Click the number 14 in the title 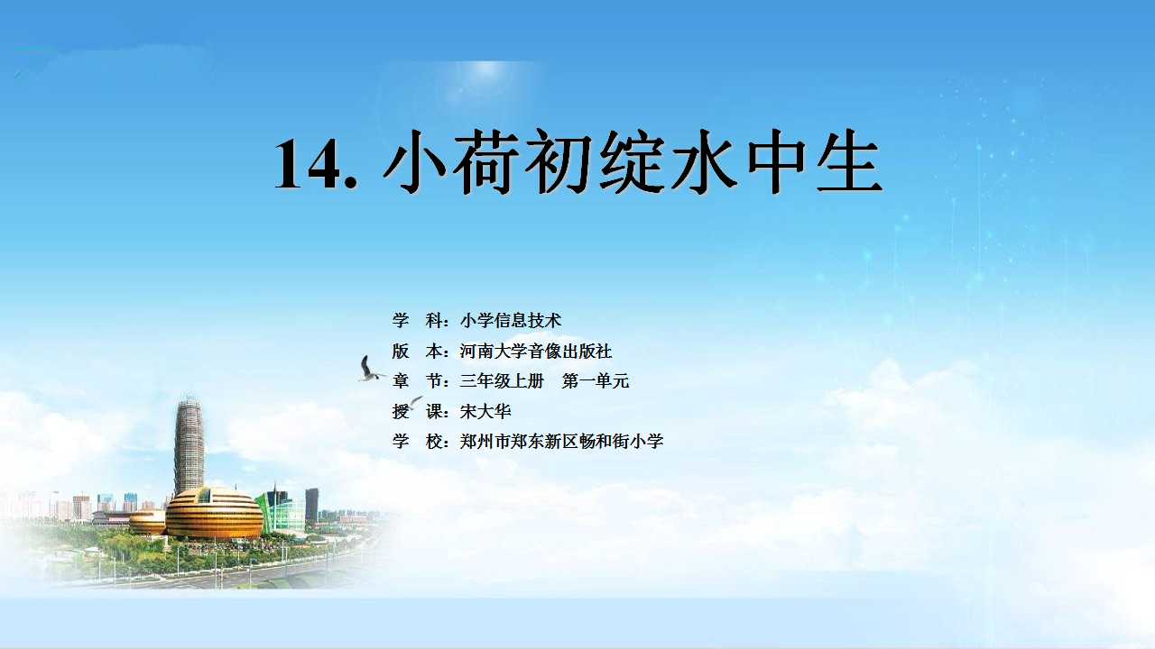click(x=308, y=164)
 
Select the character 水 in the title click(x=703, y=161)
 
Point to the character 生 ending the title click(x=849, y=161)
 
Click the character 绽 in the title click(x=631, y=161)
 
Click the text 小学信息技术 click(x=511, y=321)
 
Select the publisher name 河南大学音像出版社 click(x=536, y=352)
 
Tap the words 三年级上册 click(x=502, y=381)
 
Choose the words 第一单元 click(x=596, y=381)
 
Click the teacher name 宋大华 click(x=485, y=411)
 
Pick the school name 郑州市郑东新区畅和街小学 click(x=561, y=442)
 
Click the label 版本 click(x=417, y=352)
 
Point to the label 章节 click(x=417, y=381)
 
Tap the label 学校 click(x=417, y=442)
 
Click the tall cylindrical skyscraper click(x=189, y=446)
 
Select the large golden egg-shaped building click(x=214, y=514)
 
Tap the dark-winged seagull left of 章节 click(x=370, y=370)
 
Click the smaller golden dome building click(x=147, y=522)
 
